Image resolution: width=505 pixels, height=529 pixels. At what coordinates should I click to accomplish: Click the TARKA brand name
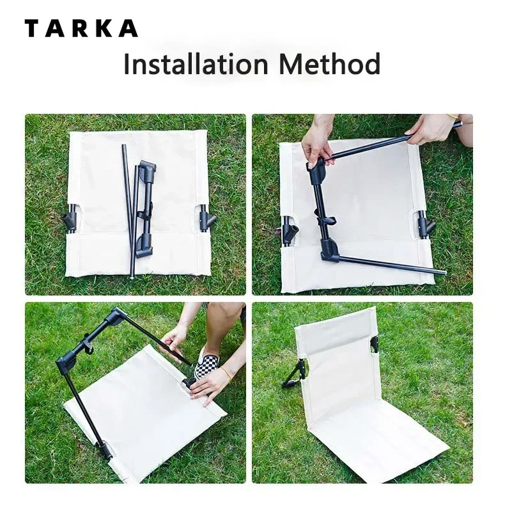(x=81, y=29)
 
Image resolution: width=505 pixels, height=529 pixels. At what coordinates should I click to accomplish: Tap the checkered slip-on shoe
(x=206, y=365)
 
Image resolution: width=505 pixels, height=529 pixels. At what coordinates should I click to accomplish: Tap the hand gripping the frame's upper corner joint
(x=317, y=146)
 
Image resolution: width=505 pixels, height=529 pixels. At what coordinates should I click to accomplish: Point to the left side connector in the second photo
(x=289, y=230)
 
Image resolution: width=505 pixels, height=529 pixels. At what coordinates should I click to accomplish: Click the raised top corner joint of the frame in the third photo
(x=116, y=315)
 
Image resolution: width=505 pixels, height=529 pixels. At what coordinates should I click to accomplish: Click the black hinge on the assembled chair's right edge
(x=374, y=344)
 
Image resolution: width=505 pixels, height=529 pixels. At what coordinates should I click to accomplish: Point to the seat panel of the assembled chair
(x=377, y=441)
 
